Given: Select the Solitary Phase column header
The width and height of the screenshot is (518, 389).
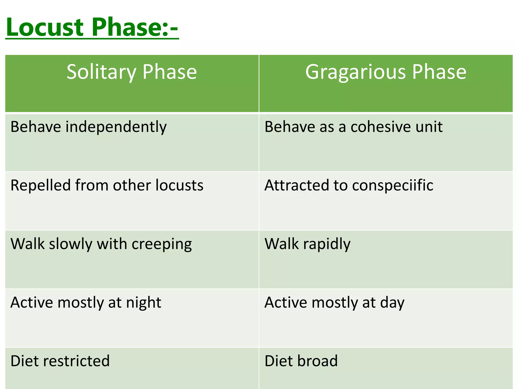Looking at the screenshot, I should [x=132, y=72].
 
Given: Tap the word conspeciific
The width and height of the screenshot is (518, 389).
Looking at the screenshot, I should [x=393, y=185].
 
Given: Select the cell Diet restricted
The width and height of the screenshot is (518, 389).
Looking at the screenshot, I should [x=60, y=361].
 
